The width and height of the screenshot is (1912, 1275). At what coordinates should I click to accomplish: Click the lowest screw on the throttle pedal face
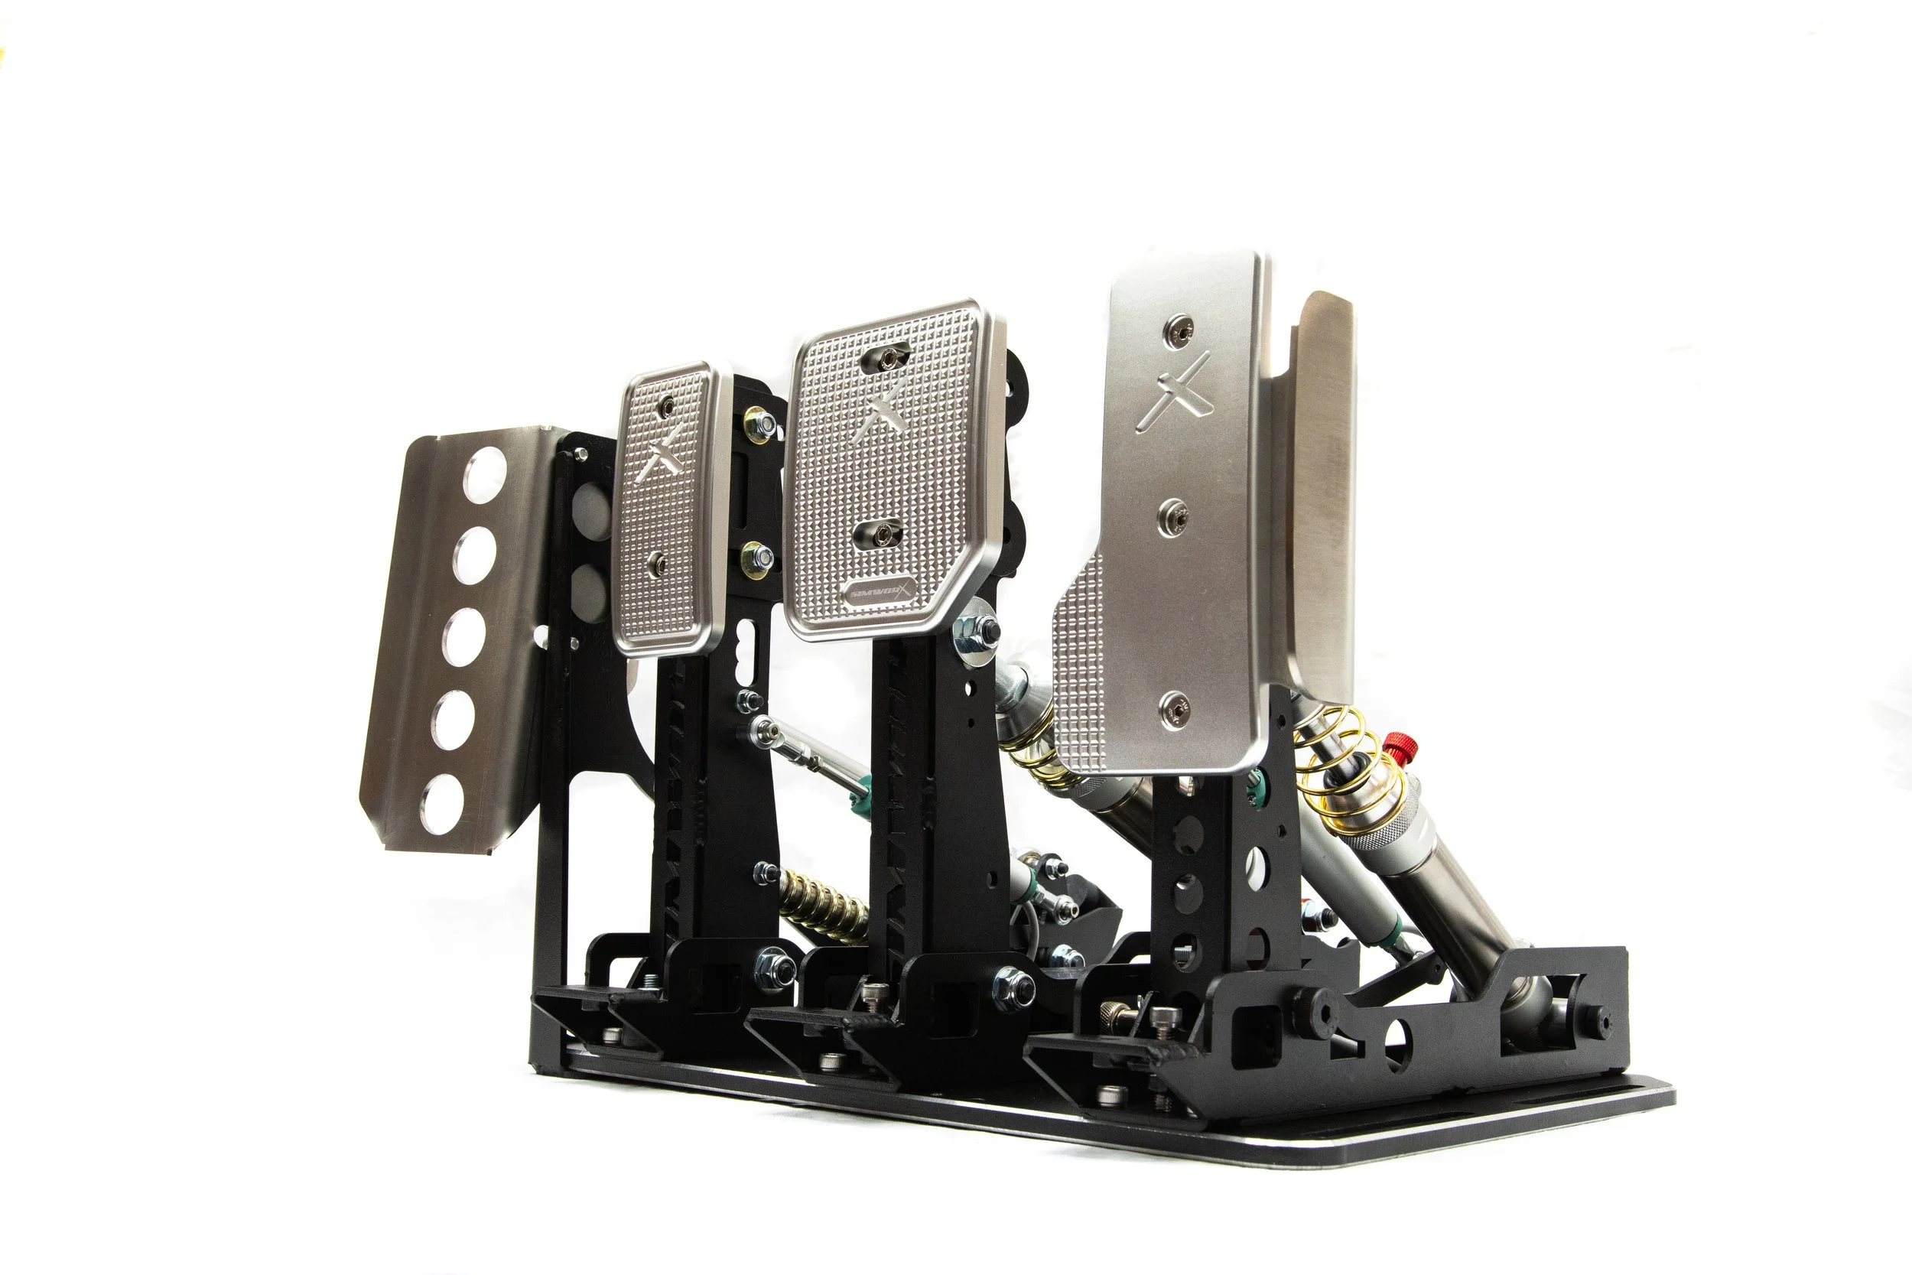click(x=1172, y=707)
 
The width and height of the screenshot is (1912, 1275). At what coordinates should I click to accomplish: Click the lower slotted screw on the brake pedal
click(x=881, y=533)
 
